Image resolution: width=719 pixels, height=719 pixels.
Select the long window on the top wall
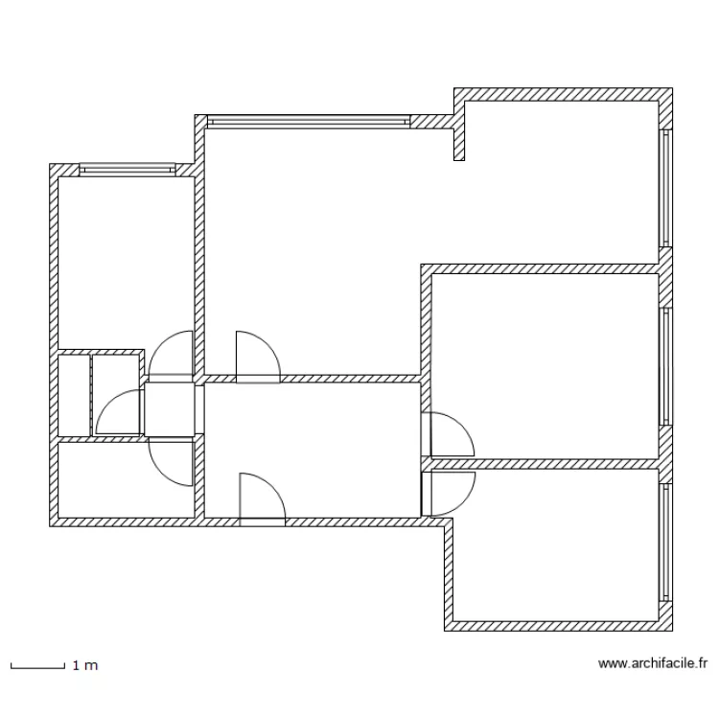tap(307, 121)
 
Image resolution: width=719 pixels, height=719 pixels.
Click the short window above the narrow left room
tap(127, 170)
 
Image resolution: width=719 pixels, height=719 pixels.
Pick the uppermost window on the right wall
tap(664, 188)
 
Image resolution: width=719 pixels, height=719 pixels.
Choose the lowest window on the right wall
tap(664, 544)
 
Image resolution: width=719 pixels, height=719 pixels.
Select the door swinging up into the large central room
tap(257, 358)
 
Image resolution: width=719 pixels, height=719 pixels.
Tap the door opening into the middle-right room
tap(450, 434)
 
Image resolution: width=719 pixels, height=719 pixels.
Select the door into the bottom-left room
tap(173, 462)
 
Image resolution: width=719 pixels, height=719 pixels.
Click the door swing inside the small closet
tap(119, 414)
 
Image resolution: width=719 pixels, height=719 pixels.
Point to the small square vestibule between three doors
tap(171, 410)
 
